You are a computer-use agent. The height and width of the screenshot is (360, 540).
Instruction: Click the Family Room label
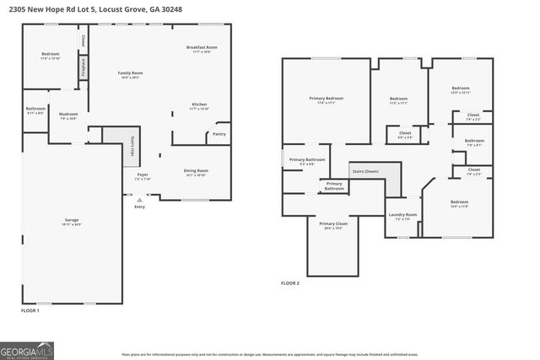pyautogui.click(x=130, y=74)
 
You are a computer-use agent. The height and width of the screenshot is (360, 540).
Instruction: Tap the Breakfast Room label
pyautogui.click(x=202, y=48)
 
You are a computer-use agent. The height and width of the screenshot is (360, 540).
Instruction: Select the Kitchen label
pyautogui.click(x=199, y=105)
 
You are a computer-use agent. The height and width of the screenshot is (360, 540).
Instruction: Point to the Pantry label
pyautogui.click(x=219, y=134)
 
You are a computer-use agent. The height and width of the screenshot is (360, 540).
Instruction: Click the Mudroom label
pyautogui.click(x=68, y=115)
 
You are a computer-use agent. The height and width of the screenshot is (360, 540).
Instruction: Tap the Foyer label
pyautogui.click(x=143, y=175)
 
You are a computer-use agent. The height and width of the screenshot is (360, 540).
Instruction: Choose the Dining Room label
pyautogui.click(x=196, y=172)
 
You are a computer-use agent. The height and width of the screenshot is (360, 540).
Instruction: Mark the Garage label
pyautogui.click(x=72, y=221)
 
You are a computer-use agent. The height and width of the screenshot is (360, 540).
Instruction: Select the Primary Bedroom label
pyautogui.click(x=326, y=99)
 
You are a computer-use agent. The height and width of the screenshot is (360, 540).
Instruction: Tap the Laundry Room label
pyautogui.click(x=402, y=215)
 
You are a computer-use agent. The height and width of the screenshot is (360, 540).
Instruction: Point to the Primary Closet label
pyautogui.click(x=333, y=223)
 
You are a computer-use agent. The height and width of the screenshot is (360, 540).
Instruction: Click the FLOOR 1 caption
pyautogui.click(x=30, y=311)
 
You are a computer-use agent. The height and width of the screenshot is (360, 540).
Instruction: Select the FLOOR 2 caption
pyautogui.click(x=290, y=283)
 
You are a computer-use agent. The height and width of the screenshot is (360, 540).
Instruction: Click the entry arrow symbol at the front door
pyautogui.click(x=139, y=199)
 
